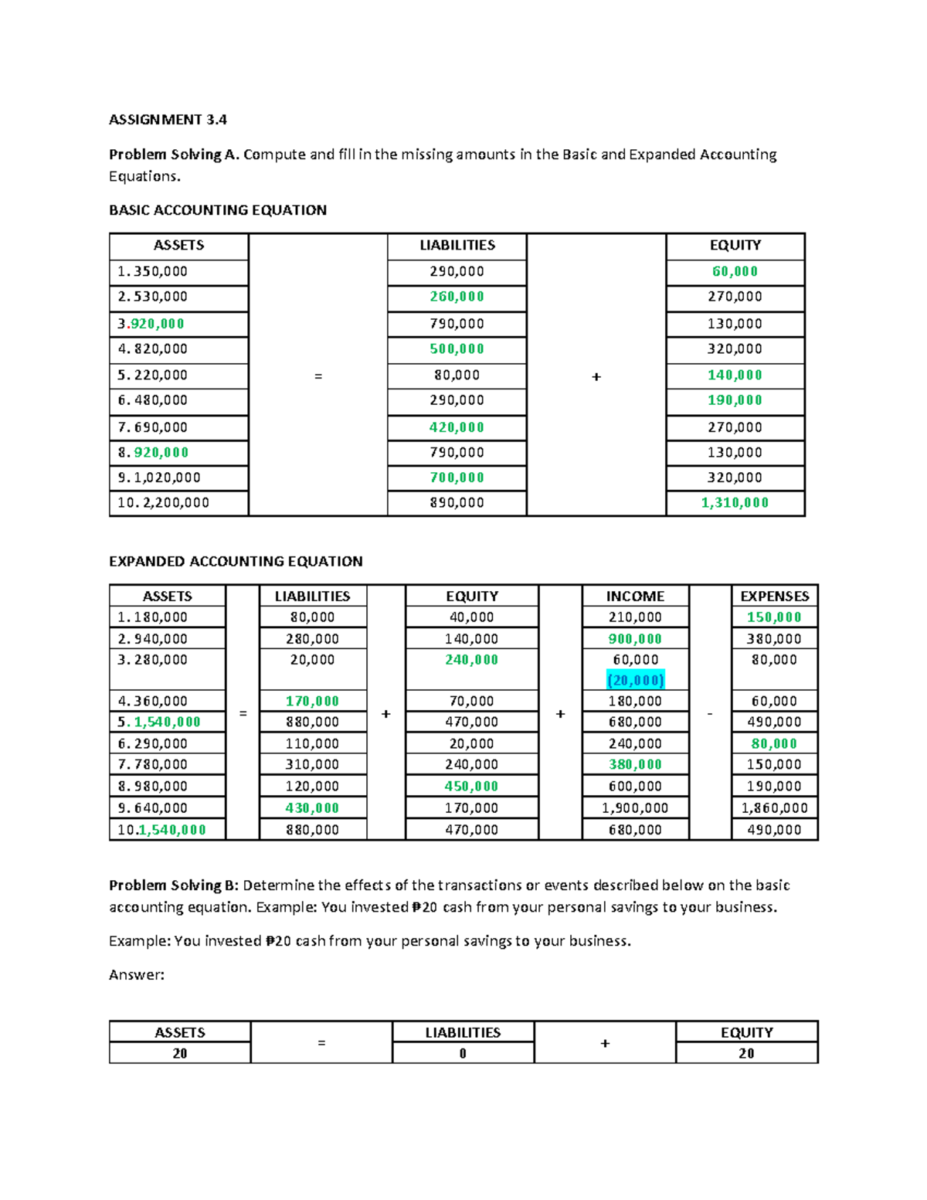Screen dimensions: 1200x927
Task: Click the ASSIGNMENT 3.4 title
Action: coord(168,119)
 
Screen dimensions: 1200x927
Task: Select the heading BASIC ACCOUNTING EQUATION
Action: coord(217,210)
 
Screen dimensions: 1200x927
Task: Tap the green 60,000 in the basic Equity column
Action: coord(735,271)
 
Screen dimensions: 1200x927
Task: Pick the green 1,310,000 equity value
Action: coord(735,503)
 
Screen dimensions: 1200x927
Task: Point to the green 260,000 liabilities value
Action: coord(457,297)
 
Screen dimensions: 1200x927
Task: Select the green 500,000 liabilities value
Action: coord(457,349)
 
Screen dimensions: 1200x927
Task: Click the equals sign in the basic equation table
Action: coord(317,376)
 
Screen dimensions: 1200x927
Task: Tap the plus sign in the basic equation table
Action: coord(596,376)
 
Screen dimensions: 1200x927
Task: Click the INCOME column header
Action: coord(635,596)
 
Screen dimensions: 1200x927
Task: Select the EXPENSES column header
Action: coord(774,596)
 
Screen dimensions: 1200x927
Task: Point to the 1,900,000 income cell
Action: coord(635,808)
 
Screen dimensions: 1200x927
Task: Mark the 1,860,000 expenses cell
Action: coord(774,808)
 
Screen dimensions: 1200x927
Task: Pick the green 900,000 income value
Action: coord(635,639)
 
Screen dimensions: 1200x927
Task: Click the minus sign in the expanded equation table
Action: coord(710,713)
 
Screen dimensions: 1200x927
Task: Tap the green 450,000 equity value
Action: coord(471,787)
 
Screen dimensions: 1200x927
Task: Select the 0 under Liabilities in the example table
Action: coord(463,1054)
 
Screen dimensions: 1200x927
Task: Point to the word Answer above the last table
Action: coord(136,975)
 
